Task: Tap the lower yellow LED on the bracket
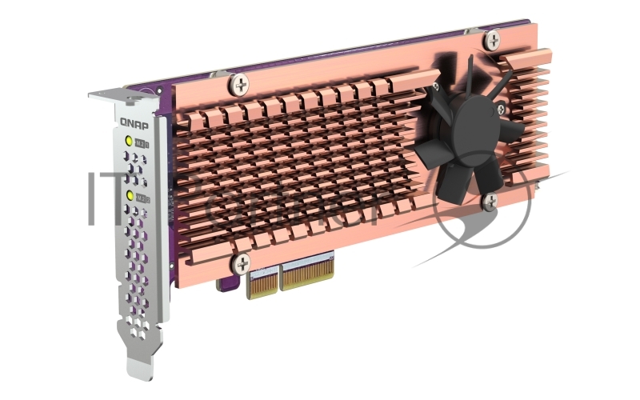tap(130, 195)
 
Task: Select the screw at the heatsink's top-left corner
tap(239, 82)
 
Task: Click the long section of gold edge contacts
tap(307, 273)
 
